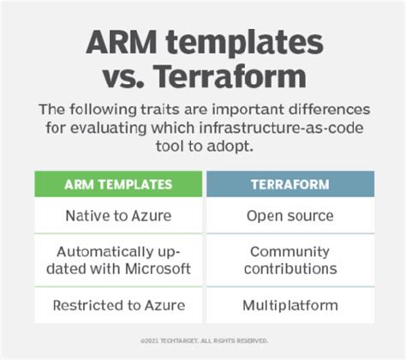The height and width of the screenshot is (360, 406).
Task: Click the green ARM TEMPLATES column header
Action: click(118, 183)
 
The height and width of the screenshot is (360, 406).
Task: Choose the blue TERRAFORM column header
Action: click(290, 183)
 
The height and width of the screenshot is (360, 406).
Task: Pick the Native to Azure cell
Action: click(118, 215)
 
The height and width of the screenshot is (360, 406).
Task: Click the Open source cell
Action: click(290, 215)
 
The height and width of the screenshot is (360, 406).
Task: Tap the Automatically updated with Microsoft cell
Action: click(118, 261)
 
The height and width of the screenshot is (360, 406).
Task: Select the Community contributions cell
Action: click(290, 261)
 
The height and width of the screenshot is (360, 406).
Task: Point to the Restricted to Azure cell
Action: click(118, 305)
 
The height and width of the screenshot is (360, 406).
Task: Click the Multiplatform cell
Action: click(290, 305)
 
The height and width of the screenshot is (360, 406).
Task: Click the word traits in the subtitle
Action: click(156, 110)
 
